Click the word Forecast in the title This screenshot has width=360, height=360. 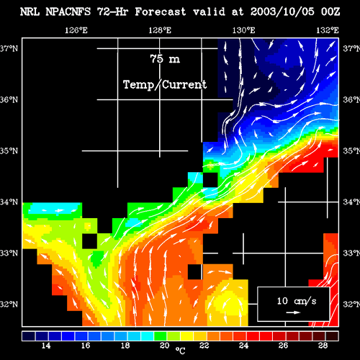pyautogui.click(x=161, y=12)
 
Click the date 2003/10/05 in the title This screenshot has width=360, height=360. pyautogui.click(x=282, y=12)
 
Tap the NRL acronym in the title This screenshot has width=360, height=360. pyautogui.click(x=30, y=12)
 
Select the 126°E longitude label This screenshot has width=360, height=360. pyautogui.click(x=76, y=30)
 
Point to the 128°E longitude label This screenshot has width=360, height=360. pyautogui.click(x=160, y=30)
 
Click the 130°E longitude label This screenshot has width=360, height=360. pyautogui.click(x=243, y=30)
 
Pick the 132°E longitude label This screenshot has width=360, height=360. pyautogui.click(x=328, y=30)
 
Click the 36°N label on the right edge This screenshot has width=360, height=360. pyautogui.click(x=351, y=99)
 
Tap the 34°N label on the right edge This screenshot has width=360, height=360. pyautogui.click(x=351, y=202)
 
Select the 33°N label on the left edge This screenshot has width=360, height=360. pyautogui.click(x=9, y=253)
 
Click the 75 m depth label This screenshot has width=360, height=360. pyautogui.click(x=165, y=59)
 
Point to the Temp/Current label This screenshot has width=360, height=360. pyautogui.click(x=165, y=84)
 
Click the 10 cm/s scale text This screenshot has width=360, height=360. pyautogui.click(x=297, y=301)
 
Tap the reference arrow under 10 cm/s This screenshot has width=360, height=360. pyautogui.click(x=293, y=312)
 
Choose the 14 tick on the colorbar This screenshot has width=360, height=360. pyautogui.click(x=46, y=346)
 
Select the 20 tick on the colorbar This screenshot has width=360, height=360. pyautogui.click(x=165, y=346)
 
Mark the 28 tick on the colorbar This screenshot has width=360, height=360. pyautogui.click(x=323, y=346)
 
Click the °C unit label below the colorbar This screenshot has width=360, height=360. pyautogui.click(x=180, y=351)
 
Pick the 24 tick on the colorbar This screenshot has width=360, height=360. pyautogui.click(x=243, y=346)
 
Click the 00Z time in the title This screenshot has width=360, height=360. pyautogui.click(x=330, y=12)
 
